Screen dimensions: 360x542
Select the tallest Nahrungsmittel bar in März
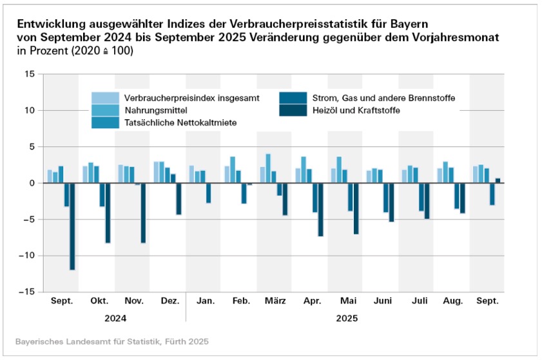tap(268, 168)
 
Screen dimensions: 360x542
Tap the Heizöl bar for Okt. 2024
tap(108, 213)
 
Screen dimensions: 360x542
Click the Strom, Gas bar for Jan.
tap(208, 193)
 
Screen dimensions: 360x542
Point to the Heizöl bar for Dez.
tap(179, 198)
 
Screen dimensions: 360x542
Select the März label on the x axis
tap(275, 301)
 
